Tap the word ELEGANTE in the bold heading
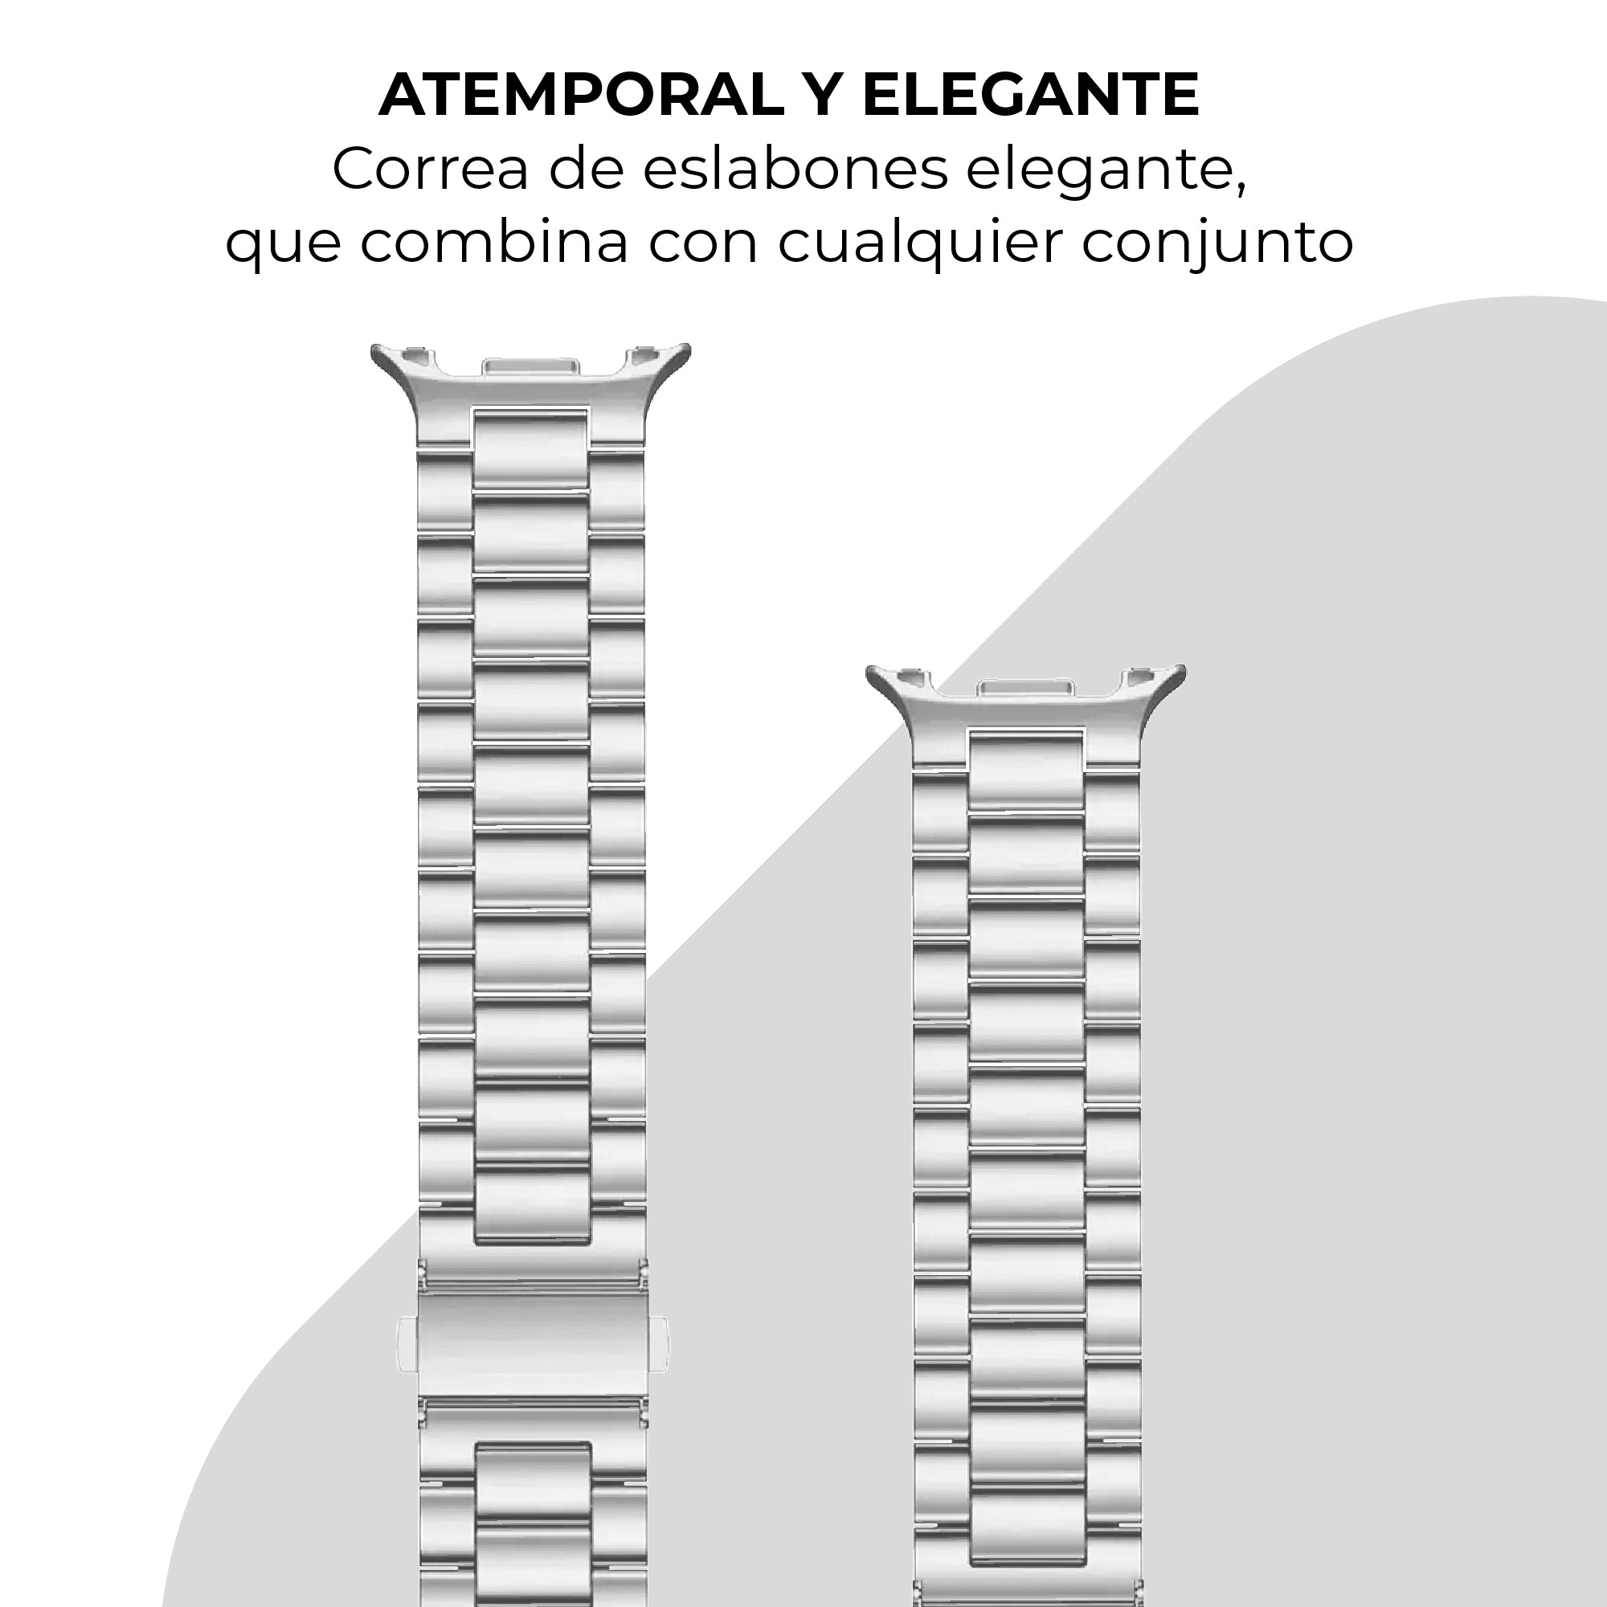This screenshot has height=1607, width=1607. click(1031, 95)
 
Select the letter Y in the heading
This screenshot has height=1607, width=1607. click(824, 95)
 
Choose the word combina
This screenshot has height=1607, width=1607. click(494, 242)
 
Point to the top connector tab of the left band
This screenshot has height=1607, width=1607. click(530, 367)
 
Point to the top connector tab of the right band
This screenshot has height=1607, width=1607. click(1024, 688)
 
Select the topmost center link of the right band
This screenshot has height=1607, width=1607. click(1026, 771)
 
